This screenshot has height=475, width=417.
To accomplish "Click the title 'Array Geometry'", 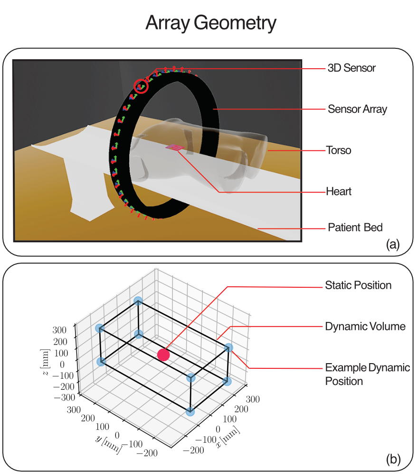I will click(210, 23).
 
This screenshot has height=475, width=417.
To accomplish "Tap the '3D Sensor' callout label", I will click(351, 68).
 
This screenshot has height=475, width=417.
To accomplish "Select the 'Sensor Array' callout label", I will click(357, 109).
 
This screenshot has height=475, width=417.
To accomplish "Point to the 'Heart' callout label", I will click(338, 192).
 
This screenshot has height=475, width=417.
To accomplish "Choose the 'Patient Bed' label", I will click(355, 227).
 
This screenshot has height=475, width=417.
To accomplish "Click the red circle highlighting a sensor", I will click(142, 86).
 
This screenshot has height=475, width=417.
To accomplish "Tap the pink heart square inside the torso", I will click(175, 148).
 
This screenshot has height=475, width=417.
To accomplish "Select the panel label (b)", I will click(394, 459).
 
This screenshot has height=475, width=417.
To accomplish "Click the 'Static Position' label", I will click(358, 285).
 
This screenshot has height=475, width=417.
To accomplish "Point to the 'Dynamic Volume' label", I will click(365, 327).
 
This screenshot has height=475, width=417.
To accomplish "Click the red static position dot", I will click(163, 355).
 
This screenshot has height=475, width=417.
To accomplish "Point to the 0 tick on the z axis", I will click(62, 364).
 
